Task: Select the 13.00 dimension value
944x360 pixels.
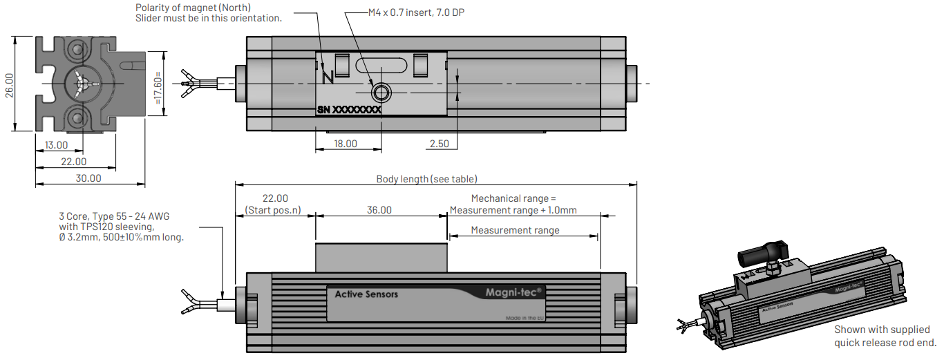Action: tap(56, 145)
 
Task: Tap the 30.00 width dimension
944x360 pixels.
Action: tap(88, 178)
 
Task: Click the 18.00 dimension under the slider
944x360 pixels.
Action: tap(346, 144)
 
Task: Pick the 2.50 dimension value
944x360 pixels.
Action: tap(439, 144)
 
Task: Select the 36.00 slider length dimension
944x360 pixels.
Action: tap(379, 210)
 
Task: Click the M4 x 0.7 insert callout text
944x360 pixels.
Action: tap(413, 12)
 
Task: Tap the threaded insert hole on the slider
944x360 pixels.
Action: tap(380, 92)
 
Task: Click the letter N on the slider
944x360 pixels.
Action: tap(328, 77)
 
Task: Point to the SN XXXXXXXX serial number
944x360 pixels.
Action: tap(349, 109)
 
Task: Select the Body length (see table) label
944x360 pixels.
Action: tap(426, 179)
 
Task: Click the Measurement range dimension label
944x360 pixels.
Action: tap(515, 230)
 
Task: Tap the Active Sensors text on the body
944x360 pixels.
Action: tap(366, 294)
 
